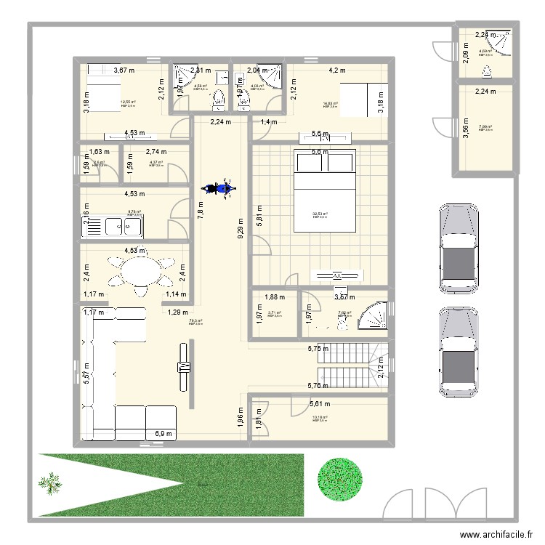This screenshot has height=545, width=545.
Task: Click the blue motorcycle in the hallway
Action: click(x=218, y=188)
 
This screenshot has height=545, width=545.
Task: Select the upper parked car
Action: click(x=456, y=247)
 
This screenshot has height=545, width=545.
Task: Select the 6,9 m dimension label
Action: click(x=164, y=434)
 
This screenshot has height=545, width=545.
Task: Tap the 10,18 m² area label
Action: click(x=320, y=418)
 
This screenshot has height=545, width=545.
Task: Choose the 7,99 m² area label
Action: click(x=485, y=127)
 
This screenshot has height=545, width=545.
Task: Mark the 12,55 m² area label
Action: click(x=127, y=102)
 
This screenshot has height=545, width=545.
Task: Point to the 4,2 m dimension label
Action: click(x=336, y=70)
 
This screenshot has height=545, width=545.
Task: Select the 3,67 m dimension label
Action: click(x=124, y=70)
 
